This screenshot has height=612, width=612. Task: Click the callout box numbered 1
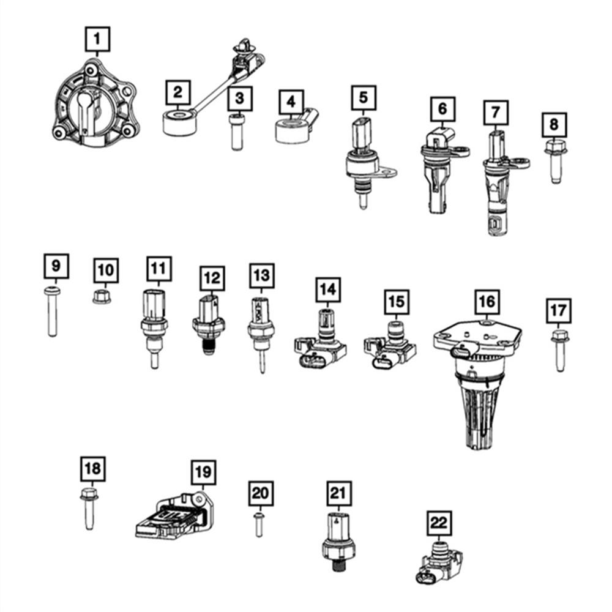tap(97, 39)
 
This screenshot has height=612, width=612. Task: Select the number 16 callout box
tap(487, 301)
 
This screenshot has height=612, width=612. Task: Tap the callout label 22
tap(439, 523)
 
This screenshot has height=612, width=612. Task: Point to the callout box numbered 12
tap(212, 278)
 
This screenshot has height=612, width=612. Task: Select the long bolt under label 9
tap(52, 312)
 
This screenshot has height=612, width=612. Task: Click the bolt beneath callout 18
tap(89, 509)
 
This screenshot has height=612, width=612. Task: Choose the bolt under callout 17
tap(560, 351)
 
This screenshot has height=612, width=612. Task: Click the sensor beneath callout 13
tap(261, 334)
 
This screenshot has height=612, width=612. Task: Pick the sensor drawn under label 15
tap(389, 346)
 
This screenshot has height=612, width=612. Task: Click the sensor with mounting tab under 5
tap(367, 162)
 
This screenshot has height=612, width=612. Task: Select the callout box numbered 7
tap(495, 113)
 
